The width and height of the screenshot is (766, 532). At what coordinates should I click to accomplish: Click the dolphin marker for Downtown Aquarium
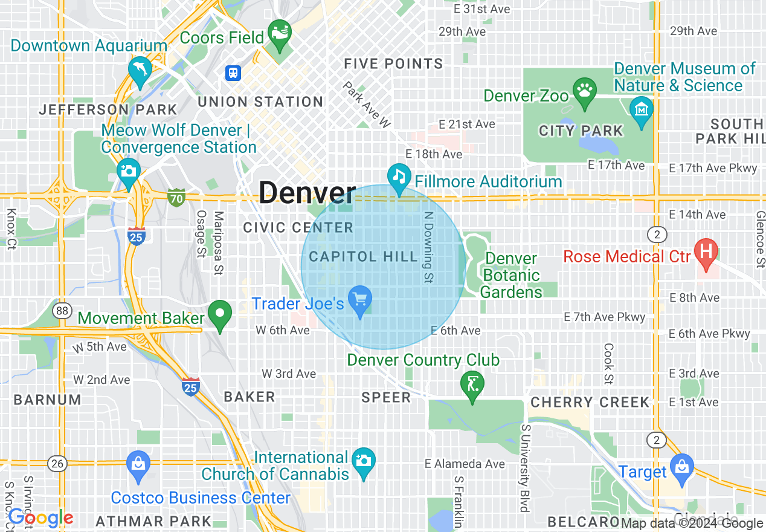tap(140, 71)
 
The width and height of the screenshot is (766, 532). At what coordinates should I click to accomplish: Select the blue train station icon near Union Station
tap(233, 73)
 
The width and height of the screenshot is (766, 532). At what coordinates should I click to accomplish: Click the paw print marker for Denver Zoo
tap(584, 92)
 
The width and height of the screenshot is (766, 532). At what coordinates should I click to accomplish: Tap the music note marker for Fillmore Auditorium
tap(399, 177)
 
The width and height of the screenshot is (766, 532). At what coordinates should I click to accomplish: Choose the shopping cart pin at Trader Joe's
tap(361, 300)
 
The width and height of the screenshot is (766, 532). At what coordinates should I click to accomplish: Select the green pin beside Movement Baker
tap(220, 314)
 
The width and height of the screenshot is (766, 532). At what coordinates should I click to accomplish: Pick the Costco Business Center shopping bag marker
tap(138, 465)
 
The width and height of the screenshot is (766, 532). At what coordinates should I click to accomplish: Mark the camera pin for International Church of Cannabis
tap(363, 462)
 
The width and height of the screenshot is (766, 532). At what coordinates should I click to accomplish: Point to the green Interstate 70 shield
tap(176, 196)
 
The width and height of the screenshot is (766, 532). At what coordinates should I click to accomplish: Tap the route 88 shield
tap(61, 311)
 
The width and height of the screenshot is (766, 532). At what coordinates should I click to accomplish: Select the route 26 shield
tap(58, 464)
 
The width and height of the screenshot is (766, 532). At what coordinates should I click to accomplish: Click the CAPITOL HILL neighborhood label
tap(363, 256)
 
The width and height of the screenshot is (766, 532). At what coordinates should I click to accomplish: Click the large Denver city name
tap(307, 193)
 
